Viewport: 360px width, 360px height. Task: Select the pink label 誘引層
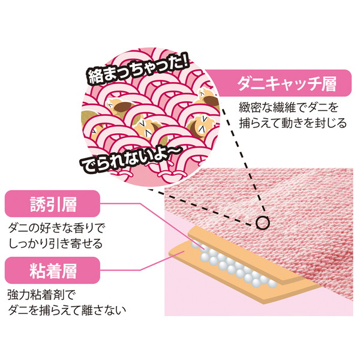52,203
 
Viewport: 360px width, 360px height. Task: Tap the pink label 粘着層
52,270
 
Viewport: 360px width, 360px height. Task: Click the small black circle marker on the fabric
262,223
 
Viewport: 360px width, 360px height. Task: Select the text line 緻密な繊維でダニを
289,107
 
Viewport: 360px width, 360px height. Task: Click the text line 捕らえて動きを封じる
293,123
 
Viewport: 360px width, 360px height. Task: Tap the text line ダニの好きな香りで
56,229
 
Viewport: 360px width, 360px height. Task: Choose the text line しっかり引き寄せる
55,244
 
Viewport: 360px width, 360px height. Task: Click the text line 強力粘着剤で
41,295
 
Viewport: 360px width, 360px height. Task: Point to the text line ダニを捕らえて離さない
67,310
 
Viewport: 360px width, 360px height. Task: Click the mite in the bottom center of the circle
149,128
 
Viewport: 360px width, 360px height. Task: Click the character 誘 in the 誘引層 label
38,204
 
